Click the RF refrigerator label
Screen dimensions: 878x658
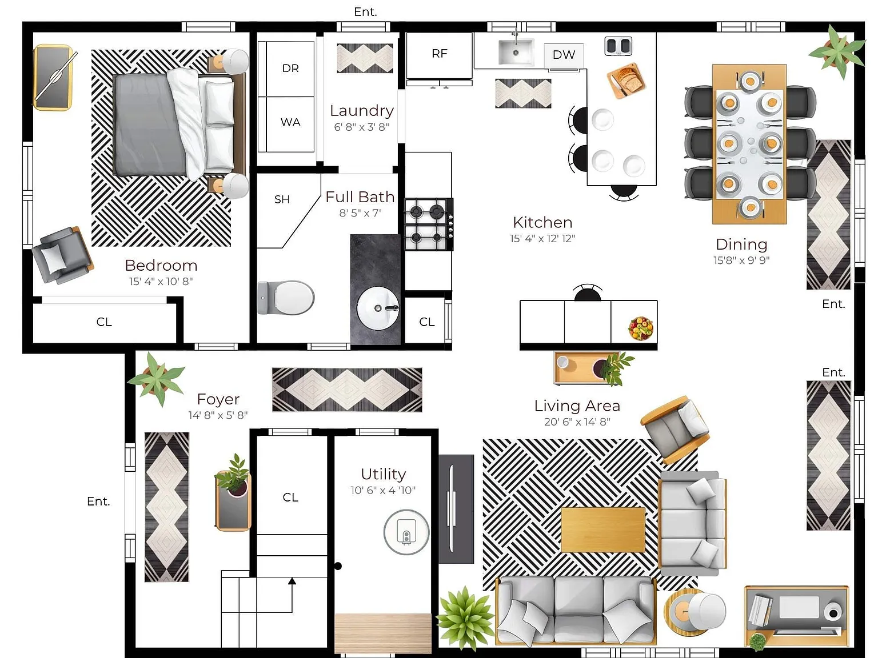coord(439,54)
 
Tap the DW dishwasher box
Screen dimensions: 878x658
coord(564,55)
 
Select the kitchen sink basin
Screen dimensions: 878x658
coord(516,52)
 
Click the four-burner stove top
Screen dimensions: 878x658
coord(429,224)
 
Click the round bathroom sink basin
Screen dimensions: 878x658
coord(378,308)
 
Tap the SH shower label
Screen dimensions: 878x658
coord(282,199)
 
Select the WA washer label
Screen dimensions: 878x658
coord(290,122)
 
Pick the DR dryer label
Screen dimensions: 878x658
coord(290,69)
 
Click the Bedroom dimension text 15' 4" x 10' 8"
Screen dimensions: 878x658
coord(161,281)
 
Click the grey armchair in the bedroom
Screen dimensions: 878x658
coord(62,255)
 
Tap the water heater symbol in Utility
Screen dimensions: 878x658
coord(406,532)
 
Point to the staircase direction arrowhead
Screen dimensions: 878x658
coord(292,581)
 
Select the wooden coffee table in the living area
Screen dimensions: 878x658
coord(603,529)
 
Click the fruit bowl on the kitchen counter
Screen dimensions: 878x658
coord(641,328)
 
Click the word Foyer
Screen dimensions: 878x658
coord(218,399)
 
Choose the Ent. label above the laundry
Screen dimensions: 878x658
coord(365,12)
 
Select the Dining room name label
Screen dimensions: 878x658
coord(741,244)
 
